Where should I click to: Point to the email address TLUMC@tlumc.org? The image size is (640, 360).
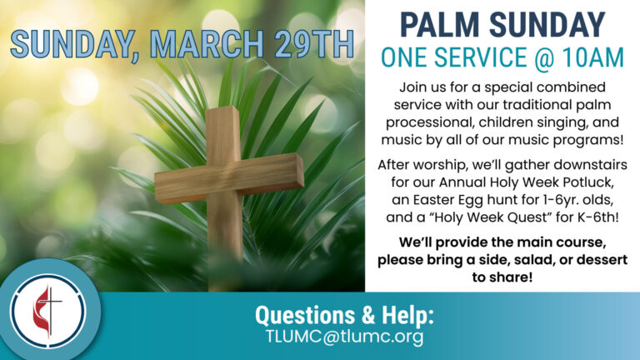click(x=345, y=337)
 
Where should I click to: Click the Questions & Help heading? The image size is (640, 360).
click(x=345, y=316)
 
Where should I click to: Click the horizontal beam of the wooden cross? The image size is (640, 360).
click(x=228, y=177)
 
